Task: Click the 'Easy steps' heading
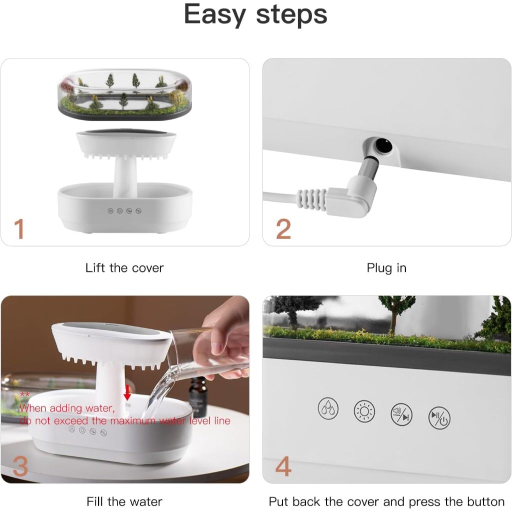(x=255, y=15)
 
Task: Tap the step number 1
(x=19, y=228)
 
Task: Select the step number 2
(x=283, y=229)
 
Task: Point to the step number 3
(x=20, y=466)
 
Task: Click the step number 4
(x=283, y=466)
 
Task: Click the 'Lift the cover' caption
(x=124, y=268)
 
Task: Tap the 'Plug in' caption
(x=386, y=268)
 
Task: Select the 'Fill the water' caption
(x=124, y=501)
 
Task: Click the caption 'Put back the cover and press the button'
(x=386, y=501)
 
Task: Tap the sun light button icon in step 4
(x=364, y=411)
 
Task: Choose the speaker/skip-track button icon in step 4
(x=401, y=413)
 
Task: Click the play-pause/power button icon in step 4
(x=439, y=417)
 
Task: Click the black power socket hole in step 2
(x=384, y=145)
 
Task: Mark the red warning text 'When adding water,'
(x=67, y=408)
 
